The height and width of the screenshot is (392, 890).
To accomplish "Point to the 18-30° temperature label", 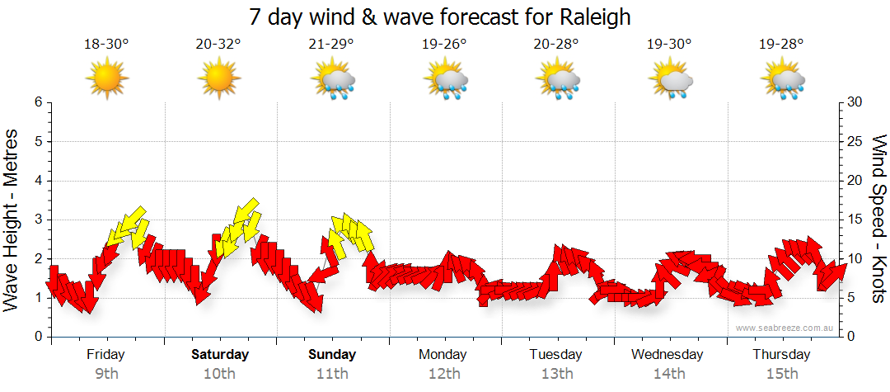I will click(x=106, y=45).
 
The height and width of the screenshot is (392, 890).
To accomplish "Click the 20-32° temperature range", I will click(x=218, y=45).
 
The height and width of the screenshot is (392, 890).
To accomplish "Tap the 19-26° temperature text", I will click(x=444, y=45).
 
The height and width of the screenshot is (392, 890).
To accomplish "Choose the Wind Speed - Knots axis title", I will click(x=878, y=220).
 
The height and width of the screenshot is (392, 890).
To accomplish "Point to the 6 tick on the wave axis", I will click(x=37, y=102).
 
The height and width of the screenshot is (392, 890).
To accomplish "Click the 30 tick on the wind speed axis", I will click(x=856, y=102).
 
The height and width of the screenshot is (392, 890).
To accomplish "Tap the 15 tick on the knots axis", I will click(x=855, y=220).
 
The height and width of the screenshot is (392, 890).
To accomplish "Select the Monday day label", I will click(x=443, y=355).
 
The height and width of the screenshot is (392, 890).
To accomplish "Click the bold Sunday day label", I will click(x=332, y=355).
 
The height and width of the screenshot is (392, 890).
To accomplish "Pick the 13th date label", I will click(x=557, y=374).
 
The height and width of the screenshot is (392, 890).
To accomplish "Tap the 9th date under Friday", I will click(x=106, y=374).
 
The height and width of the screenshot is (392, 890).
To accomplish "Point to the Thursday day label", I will click(x=781, y=355).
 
